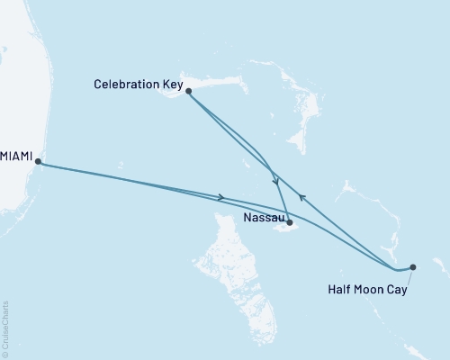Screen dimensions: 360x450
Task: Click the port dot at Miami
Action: point(38,163)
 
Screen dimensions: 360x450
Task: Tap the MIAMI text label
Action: point(16,157)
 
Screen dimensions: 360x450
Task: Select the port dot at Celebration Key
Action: point(188,91)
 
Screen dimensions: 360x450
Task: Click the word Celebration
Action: point(127,85)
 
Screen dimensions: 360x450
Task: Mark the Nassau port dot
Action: point(289,221)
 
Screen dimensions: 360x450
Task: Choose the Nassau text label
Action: point(265,218)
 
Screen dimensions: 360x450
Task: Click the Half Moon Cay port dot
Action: point(413,266)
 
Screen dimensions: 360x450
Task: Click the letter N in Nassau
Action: point(248,218)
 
